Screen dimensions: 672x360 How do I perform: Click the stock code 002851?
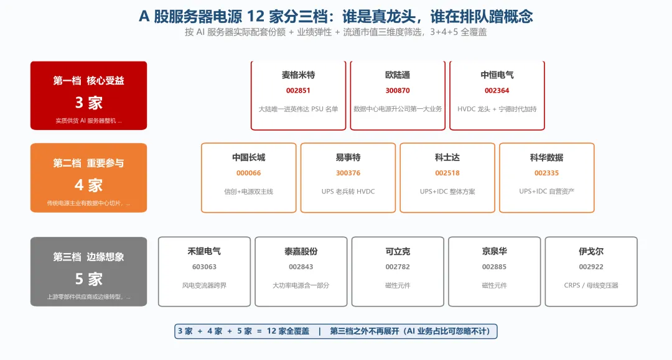pos(298,90)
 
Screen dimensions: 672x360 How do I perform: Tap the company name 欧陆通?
pos(398,75)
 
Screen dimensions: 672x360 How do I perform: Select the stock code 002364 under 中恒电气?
pos(497,90)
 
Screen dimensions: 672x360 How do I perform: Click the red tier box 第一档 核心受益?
pos(89,96)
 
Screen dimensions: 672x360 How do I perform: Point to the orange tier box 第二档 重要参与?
pos(89,178)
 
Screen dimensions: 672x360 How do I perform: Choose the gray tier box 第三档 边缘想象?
pos(89,271)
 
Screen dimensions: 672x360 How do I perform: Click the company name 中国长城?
pos(248,157)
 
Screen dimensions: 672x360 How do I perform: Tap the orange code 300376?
pos(348,173)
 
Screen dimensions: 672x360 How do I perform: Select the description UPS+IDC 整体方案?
pos(447,192)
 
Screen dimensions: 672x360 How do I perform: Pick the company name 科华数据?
pos(546,157)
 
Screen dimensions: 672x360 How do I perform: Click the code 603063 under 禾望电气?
pos(204,267)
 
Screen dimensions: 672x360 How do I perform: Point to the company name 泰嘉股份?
pos(301,251)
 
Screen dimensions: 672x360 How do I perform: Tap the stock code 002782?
pos(398,267)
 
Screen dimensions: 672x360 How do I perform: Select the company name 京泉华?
pos(494,251)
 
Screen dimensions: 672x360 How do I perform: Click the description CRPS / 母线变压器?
pos(591,285)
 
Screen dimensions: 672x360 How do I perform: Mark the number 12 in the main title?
pos(256,16)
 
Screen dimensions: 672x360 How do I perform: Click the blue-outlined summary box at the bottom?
pos(335,331)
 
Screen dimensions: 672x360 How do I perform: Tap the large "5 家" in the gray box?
pos(89,279)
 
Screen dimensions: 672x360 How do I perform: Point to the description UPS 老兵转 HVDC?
pos(348,192)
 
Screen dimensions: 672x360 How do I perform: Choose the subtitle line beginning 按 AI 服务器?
pos(335,32)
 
